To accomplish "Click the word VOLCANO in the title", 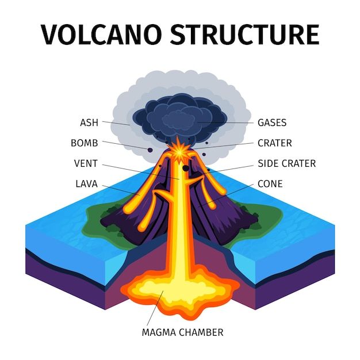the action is pos(101,35).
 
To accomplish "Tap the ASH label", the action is pos(89,122).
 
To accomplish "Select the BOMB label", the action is pos(85,143).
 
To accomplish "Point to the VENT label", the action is pos(86,163).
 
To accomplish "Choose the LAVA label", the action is pos(87,184).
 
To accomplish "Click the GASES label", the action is pos(272,122).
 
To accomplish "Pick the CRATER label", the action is pos(275,143).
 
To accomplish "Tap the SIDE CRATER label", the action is pos(287,163).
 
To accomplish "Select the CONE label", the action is pos(270,184).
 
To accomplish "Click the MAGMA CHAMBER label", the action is pos(182,332).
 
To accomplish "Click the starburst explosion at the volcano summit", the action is pos(178,150).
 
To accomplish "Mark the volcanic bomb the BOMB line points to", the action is pos(150,150).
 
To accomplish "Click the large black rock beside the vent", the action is pos(186,168).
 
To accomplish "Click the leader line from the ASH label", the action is pos(116,123).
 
